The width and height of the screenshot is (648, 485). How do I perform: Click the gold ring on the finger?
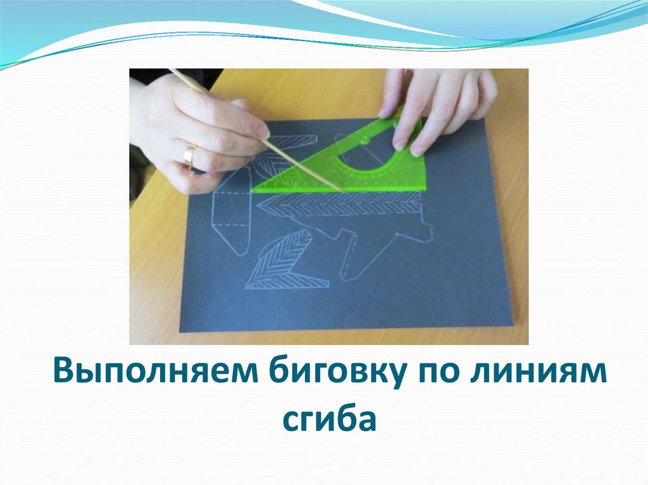[x=190, y=154]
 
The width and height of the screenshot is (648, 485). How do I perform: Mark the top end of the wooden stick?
[x=170, y=70]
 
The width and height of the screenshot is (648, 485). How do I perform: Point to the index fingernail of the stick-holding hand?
[x=263, y=132]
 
